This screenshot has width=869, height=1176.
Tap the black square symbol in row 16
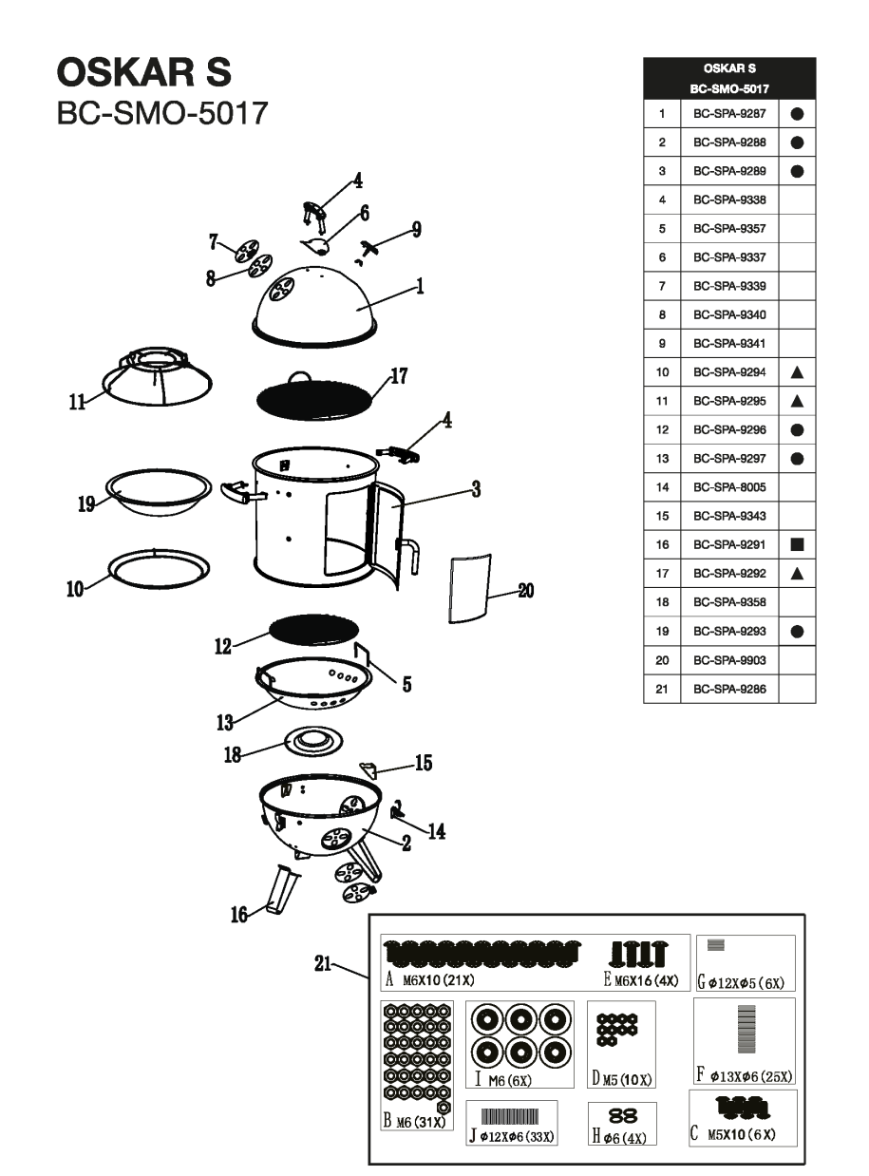pyautogui.click(x=797, y=545)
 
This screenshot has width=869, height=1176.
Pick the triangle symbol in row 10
pyautogui.click(x=797, y=372)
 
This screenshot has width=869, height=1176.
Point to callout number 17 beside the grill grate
pyautogui.click(x=399, y=376)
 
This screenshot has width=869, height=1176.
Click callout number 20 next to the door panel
pyautogui.click(x=525, y=591)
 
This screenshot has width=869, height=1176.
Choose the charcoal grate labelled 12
pyautogui.click(x=314, y=629)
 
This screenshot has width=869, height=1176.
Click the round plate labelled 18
pyautogui.click(x=312, y=743)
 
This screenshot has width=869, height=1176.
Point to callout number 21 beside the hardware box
pyautogui.click(x=322, y=963)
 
